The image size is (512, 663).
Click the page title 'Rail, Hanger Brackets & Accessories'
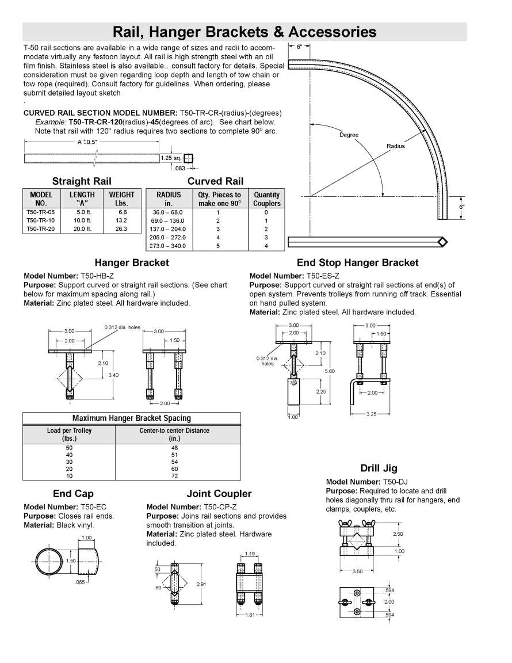pyautogui.click(x=244, y=31)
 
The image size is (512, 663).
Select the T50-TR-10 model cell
pyautogui.click(x=41, y=220)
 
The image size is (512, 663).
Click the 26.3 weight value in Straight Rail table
pyautogui.click(x=121, y=228)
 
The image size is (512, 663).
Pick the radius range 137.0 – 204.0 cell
pyautogui.click(x=169, y=229)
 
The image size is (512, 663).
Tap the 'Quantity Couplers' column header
pyautogui.click(x=266, y=199)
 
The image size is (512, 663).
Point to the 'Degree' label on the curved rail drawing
pyautogui.click(x=349, y=135)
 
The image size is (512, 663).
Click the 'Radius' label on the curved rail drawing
pyautogui.click(x=396, y=146)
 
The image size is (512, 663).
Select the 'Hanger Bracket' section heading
pyautogui.click(x=132, y=263)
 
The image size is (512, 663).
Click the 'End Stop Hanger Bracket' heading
pyautogui.click(x=357, y=263)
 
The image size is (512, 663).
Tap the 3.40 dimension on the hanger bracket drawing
pyautogui.click(x=113, y=375)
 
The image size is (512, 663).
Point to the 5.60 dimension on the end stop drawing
pyautogui.click(x=330, y=371)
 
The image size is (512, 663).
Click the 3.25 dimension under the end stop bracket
pyautogui.click(x=372, y=413)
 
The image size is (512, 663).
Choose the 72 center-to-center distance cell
pyautogui.click(x=175, y=476)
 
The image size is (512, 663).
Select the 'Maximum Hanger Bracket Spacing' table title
pyautogui.click(x=132, y=418)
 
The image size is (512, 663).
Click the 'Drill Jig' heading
pyautogui.click(x=379, y=468)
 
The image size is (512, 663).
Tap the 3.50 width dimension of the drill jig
pyautogui.click(x=358, y=571)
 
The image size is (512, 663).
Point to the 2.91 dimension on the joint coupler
pyautogui.click(x=201, y=584)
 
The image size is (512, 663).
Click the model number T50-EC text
pyautogui.click(x=93, y=507)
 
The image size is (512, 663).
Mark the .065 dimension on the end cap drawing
pyautogui.click(x=81, y=582)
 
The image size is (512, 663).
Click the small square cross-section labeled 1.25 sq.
pyautogui.click(x=189, y=158)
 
